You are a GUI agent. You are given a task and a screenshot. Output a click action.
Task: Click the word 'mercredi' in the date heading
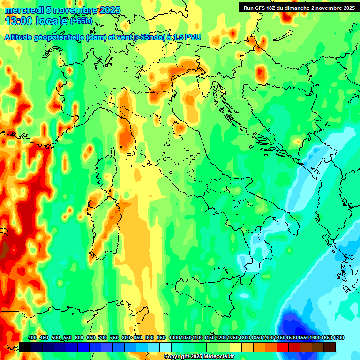pyautogui.click(x=21, y=10)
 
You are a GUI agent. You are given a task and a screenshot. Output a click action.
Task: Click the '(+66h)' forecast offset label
pyautogui.click(x=81, y=21)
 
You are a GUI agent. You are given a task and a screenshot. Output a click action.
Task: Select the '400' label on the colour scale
pyautogui.click(x=32, y=338)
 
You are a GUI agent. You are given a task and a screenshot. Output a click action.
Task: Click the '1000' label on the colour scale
pyautogui.click(x=174, y=338)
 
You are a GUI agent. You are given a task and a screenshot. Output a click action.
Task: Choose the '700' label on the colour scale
pyautogui.click(x=103, y=338)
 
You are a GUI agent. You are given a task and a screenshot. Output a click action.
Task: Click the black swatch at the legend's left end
pyautogui.click(x=25, y=347)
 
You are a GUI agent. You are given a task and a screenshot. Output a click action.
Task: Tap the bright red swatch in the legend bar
pyautogui.click(x=283, y=347)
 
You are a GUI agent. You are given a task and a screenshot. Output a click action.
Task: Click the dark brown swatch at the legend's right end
pyautogui.click(x=330, y=347)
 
